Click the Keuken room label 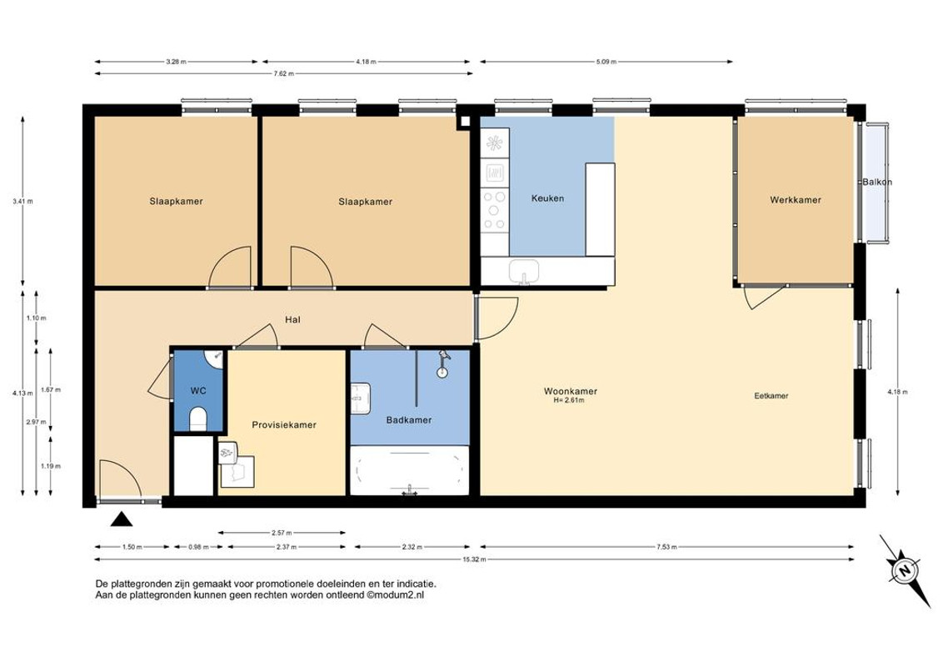pyautogui.click(x=547, y=198)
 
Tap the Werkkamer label pyautogui.click(x=795, y=200)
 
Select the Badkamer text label pyautogui.click(x=409, y=420)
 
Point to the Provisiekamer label pyautogui.click(x=284, y=425)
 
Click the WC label pyautogui.click(x=198, y=391)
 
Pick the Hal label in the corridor pyautogui.click(x=293, y=319)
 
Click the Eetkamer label pyautogui.click(x=771, y=396)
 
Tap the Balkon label pyautogui.click(x=877, y=182)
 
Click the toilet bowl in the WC pyautogui.click(x=198, y=419)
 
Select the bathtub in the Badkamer pyautogui.click(x=410, y=470)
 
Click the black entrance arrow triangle pyautogui.click(x=121, y=519)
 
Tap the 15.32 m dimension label pyautogui.click(x=474, y=559)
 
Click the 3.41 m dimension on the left pyautogui.click(x=22, y=202)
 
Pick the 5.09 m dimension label pyautogui.click(x=606, y=62)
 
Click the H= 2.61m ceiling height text pyautogui.click(x=569, y=400)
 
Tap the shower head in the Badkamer pyautogui.click(x=444, y=355)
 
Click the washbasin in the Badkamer pyautogui.click(x=360, y=399)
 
